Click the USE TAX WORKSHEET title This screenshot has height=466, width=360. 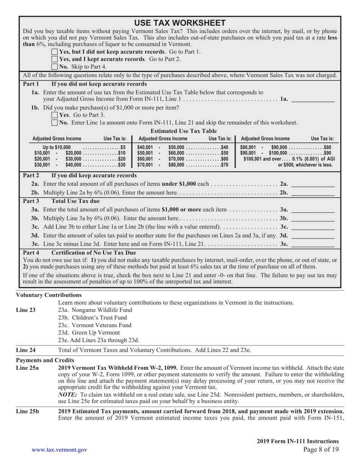(180, 22)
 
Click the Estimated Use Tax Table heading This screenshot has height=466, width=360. (180, 131)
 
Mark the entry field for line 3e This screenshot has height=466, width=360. (315, 243)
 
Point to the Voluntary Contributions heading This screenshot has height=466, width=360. (49, 294)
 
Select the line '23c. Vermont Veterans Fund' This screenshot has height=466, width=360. (89, 325)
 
